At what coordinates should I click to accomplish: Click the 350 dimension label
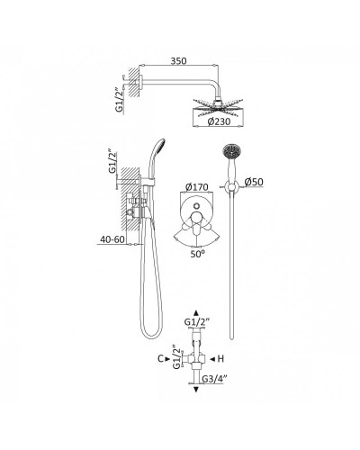(178, 61)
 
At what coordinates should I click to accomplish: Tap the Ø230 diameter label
(219, 121)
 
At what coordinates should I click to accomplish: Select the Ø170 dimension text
(197, 187)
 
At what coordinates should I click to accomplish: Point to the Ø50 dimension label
(254, 182)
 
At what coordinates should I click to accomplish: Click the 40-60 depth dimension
(112, 239)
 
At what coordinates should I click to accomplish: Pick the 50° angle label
(198, 254)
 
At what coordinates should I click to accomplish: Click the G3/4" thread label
(213, 379)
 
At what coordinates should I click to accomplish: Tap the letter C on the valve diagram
(160, 358)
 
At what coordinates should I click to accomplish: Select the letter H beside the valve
(220, 358)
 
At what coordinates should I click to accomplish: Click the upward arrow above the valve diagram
(196, 313)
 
